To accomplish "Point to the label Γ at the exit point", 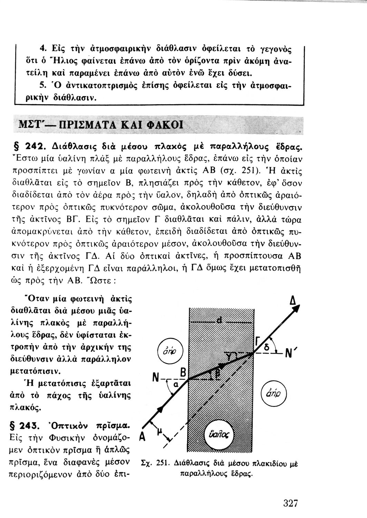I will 257,342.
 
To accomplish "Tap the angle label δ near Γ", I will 266,349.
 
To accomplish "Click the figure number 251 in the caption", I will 162,464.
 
